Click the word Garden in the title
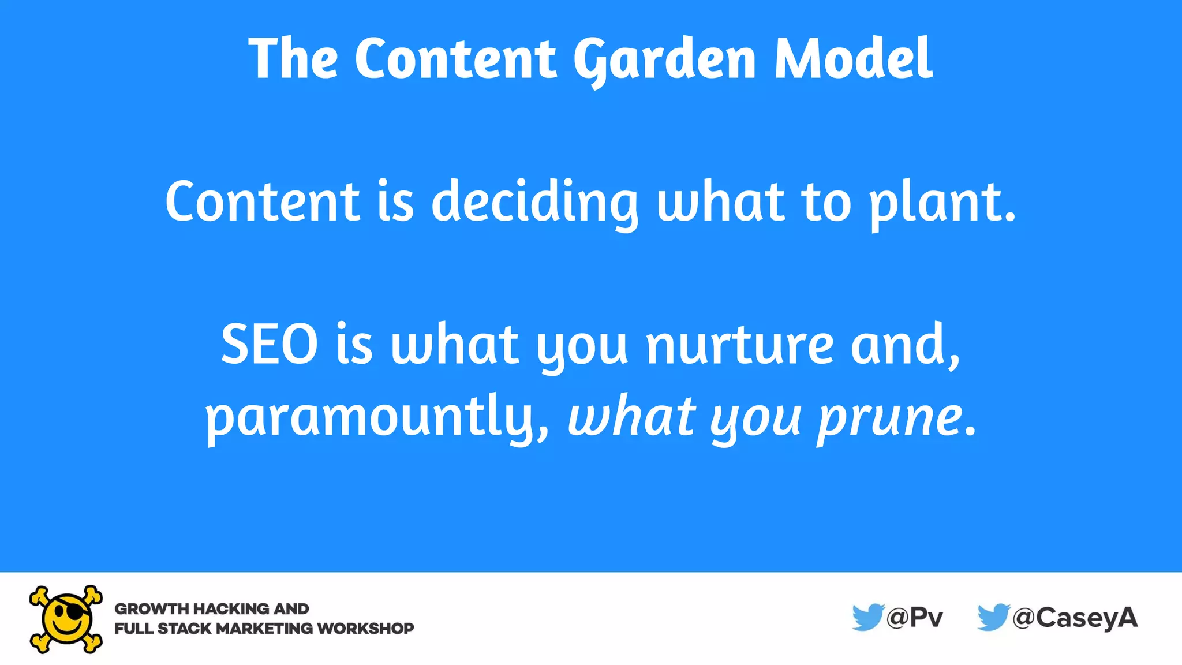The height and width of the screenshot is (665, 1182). tap(664, 59)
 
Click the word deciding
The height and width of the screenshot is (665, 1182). tap(534, 202)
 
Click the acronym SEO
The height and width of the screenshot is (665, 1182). tap(269, 345)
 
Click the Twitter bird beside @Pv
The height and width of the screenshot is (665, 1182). tap(867, 617)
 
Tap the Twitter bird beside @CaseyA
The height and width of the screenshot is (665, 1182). tap(993, 617)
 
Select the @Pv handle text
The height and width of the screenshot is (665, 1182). tap(915, 618)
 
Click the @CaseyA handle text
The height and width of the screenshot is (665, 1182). tap(1075, 618)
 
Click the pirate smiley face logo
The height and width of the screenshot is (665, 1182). tap(66, 619)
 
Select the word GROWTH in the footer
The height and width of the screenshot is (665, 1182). tap(152, 608)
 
